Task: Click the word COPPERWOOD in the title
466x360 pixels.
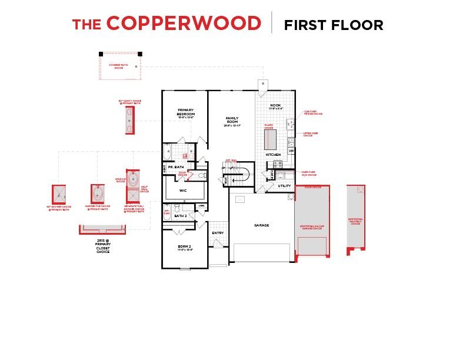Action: coord(184,24)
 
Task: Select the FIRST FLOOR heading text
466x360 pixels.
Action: coord(333,25)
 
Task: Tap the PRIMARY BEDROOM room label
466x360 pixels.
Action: coord(185,113)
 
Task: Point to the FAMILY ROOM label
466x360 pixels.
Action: coord(231,121)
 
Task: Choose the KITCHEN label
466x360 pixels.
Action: coord(273,155)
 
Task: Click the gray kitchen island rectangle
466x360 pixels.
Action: coord(270,138)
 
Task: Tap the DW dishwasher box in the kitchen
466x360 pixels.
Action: coord(291,151)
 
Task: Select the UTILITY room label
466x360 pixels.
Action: coord(285,186)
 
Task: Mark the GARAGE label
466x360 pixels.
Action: coord(261,225)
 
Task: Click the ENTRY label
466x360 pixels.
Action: coord(218,233)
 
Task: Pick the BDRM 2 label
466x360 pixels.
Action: coord(185,248)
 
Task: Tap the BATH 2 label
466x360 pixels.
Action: coord(181,216)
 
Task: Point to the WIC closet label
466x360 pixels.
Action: coord(183,191)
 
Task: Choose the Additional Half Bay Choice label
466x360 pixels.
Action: coord(355,221)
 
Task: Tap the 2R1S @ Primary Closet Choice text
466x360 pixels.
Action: coord(102,246)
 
